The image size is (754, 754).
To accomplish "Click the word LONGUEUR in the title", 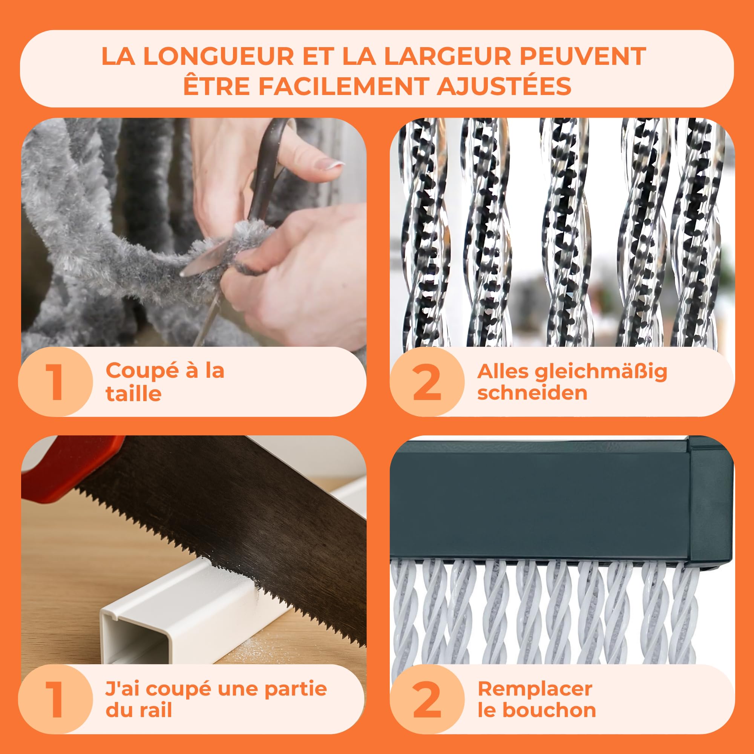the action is [219, 56].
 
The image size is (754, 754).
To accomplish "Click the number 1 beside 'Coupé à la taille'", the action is [55, 382].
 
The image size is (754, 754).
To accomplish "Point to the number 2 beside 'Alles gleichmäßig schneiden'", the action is [427, 382].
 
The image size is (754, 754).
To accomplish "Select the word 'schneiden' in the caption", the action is [532, 392].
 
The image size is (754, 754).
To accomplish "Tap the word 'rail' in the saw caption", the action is [156, 710].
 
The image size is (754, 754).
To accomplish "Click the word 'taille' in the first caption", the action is [133, 393].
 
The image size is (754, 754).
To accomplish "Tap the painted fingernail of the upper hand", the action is [334, 164].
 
